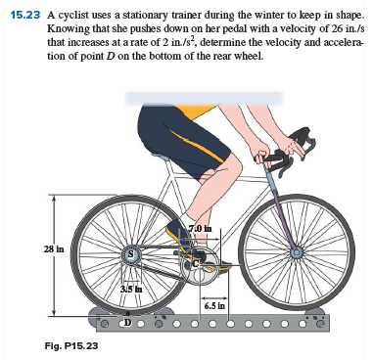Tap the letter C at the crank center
[x=197, y=261]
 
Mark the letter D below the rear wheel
[x=125, y=321]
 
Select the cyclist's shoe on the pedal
[x=181, y=234]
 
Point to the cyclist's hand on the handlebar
[x=265, y=155]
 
